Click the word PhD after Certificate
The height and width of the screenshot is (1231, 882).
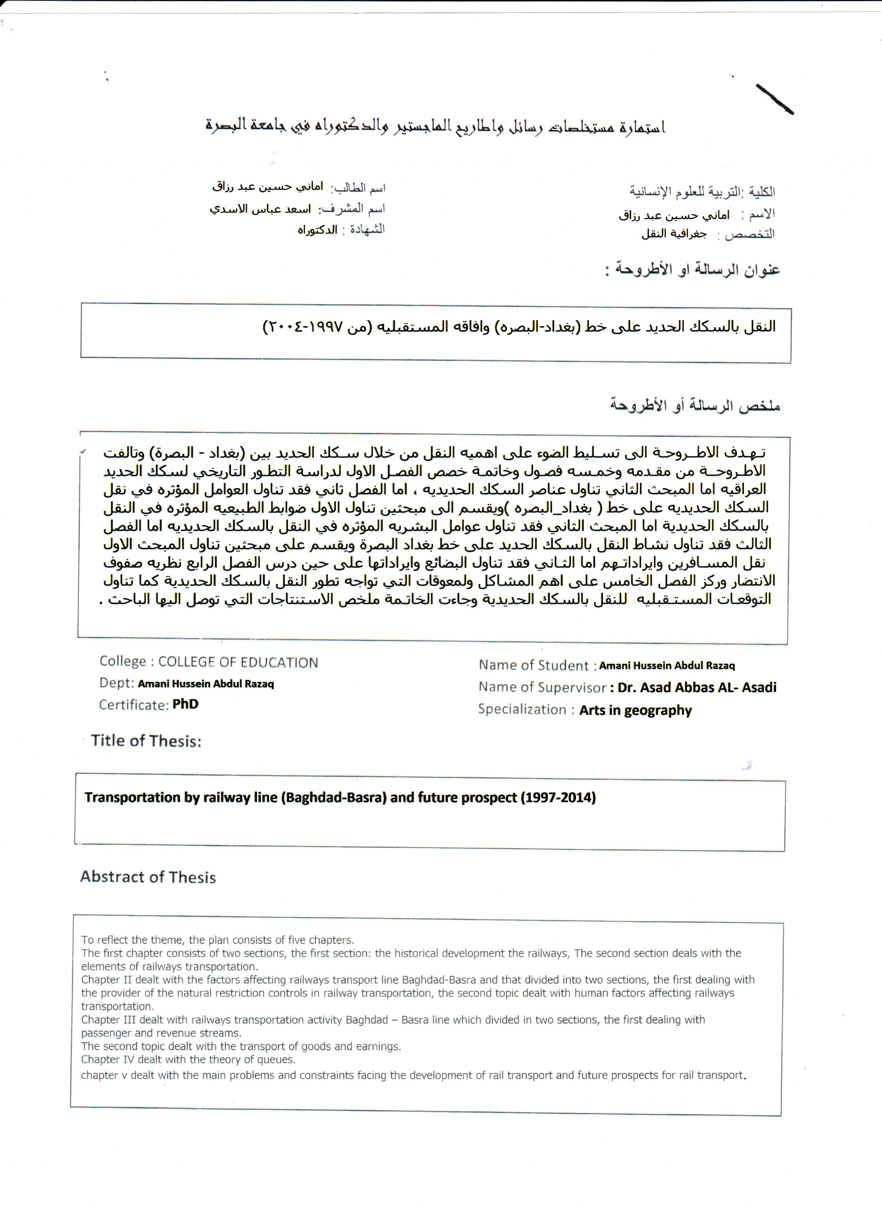click(186, 704)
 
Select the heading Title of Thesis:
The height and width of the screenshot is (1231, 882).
click(146, 741)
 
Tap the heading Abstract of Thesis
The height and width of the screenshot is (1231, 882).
click(148, 877)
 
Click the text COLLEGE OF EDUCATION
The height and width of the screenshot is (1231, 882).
click(238, 662)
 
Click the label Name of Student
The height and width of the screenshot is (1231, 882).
click(533, 666)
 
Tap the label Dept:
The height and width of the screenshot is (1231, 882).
click(116, 683)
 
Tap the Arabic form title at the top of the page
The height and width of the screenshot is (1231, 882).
click(435, 126)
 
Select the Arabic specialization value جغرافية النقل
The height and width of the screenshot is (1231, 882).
click(674, 234)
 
